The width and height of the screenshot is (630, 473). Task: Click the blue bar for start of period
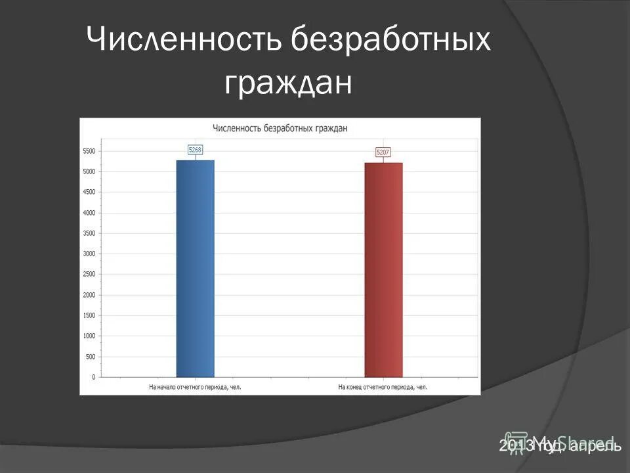(195, 268)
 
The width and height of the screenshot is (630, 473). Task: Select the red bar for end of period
(383, 269)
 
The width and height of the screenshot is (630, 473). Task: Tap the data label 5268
(195, 150)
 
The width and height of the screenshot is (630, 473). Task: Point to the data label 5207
(383, 152)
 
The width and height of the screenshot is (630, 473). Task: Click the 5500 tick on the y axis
(89, 151)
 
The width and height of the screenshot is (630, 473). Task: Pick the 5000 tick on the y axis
(89, 171)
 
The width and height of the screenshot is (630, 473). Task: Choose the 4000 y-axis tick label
(89, 213)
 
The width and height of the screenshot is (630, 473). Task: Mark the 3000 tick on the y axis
(89, 254)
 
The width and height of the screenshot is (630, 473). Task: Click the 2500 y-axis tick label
(89, 274)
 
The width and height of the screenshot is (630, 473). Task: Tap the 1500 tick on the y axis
(89, 315)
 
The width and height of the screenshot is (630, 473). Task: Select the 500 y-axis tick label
(91, 357)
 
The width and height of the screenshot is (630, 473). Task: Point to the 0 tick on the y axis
(93, 377)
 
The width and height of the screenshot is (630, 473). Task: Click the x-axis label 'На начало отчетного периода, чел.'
(195, 387)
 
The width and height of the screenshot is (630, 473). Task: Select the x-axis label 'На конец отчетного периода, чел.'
(383, 387)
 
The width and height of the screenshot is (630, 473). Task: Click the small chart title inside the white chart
(280, 128)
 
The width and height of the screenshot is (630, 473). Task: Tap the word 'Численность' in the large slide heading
(185, 41)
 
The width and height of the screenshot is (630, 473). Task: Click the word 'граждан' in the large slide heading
(289, 82)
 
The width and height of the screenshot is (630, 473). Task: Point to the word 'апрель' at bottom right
(595, 446)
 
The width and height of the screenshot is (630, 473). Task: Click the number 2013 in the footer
(516, 446)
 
